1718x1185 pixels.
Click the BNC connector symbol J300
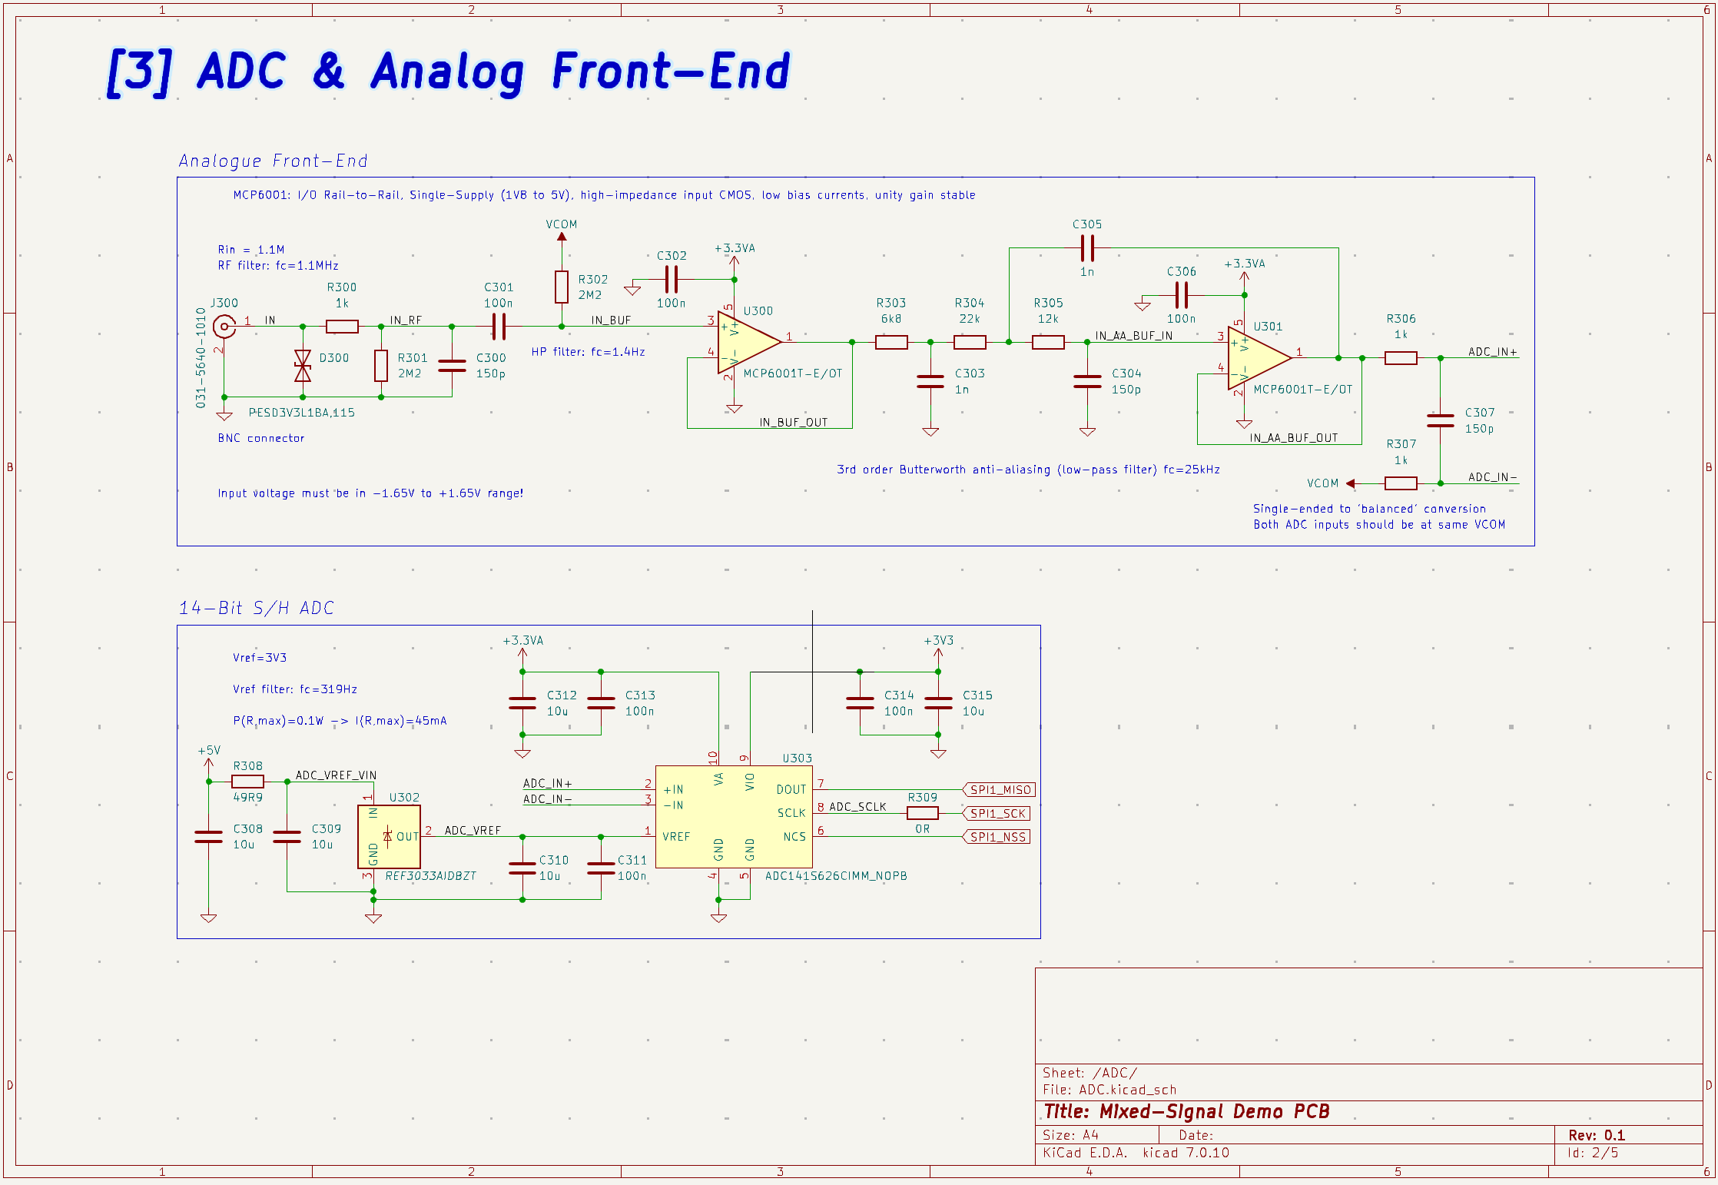point(224,327)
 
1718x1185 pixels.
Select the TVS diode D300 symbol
point(303,366)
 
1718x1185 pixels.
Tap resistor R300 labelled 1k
point(342,327)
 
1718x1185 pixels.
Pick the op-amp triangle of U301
point(1257,358)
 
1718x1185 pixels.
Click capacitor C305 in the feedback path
point(1087,248)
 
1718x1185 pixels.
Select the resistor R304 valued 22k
point(970,342)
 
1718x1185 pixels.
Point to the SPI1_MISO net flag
point(1000,790)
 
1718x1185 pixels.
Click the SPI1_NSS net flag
point(997,837)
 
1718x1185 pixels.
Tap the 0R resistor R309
point(922,813)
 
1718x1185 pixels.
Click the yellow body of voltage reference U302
point(390,837)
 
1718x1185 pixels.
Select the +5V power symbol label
point(209,751)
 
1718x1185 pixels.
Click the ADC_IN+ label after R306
point(1492,352)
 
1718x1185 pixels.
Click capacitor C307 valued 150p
point(1440,420)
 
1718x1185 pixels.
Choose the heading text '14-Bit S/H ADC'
point(257,608)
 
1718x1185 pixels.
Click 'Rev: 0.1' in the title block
point(1597,1135)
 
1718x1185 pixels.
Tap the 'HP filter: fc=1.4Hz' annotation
point(588,352)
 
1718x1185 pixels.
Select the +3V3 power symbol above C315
point(938,641)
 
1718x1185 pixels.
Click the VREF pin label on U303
point(676,837)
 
